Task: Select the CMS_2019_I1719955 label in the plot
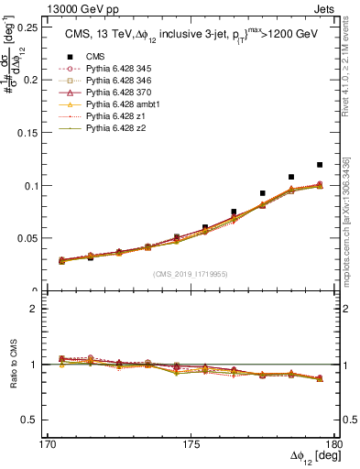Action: [x=191, y=273]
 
